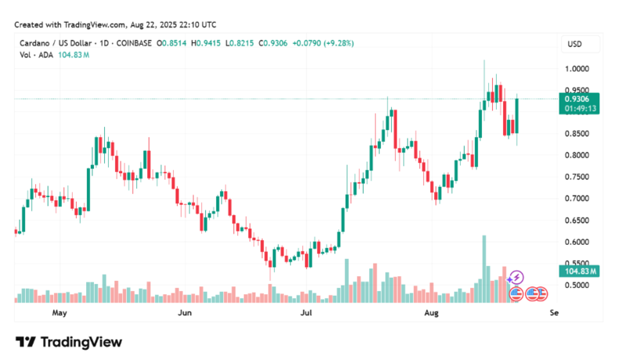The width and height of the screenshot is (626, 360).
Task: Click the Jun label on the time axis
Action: tap(185, 313)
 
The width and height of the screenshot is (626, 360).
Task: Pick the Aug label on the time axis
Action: tap(430, 313)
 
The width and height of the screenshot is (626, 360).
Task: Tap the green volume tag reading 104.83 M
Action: tap(580, 272)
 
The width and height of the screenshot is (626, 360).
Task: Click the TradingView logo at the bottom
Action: tap(69, 342)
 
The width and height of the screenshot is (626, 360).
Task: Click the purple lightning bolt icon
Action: tap(516, 277)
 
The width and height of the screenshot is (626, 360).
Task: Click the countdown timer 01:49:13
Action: tap(580, 109)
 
